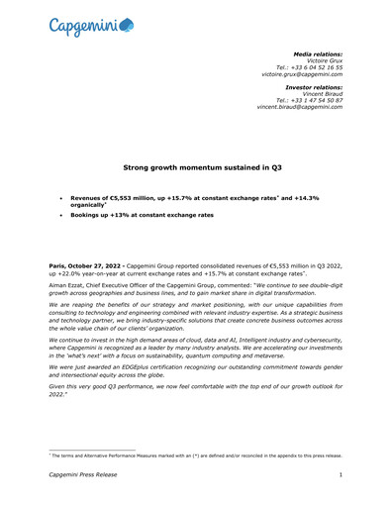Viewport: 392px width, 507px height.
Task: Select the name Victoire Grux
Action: pyautogui.click(x=324, y=58)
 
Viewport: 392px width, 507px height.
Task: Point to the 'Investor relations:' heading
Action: pyautogui.click(x=314, y=86)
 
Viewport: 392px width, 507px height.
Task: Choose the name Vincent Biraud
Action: pyautogui.click(x=321, y=93)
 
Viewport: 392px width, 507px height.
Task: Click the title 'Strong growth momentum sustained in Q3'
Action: pyautogui.click(x=195, y=169)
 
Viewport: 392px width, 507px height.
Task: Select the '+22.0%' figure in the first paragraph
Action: pyautogui.click(x=76, y=275)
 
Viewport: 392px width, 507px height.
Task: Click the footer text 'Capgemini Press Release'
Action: pyautogui.click(x=84, y=476)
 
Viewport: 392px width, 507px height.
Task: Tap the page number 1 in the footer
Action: pyautogui.click(x=341, y=476)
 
